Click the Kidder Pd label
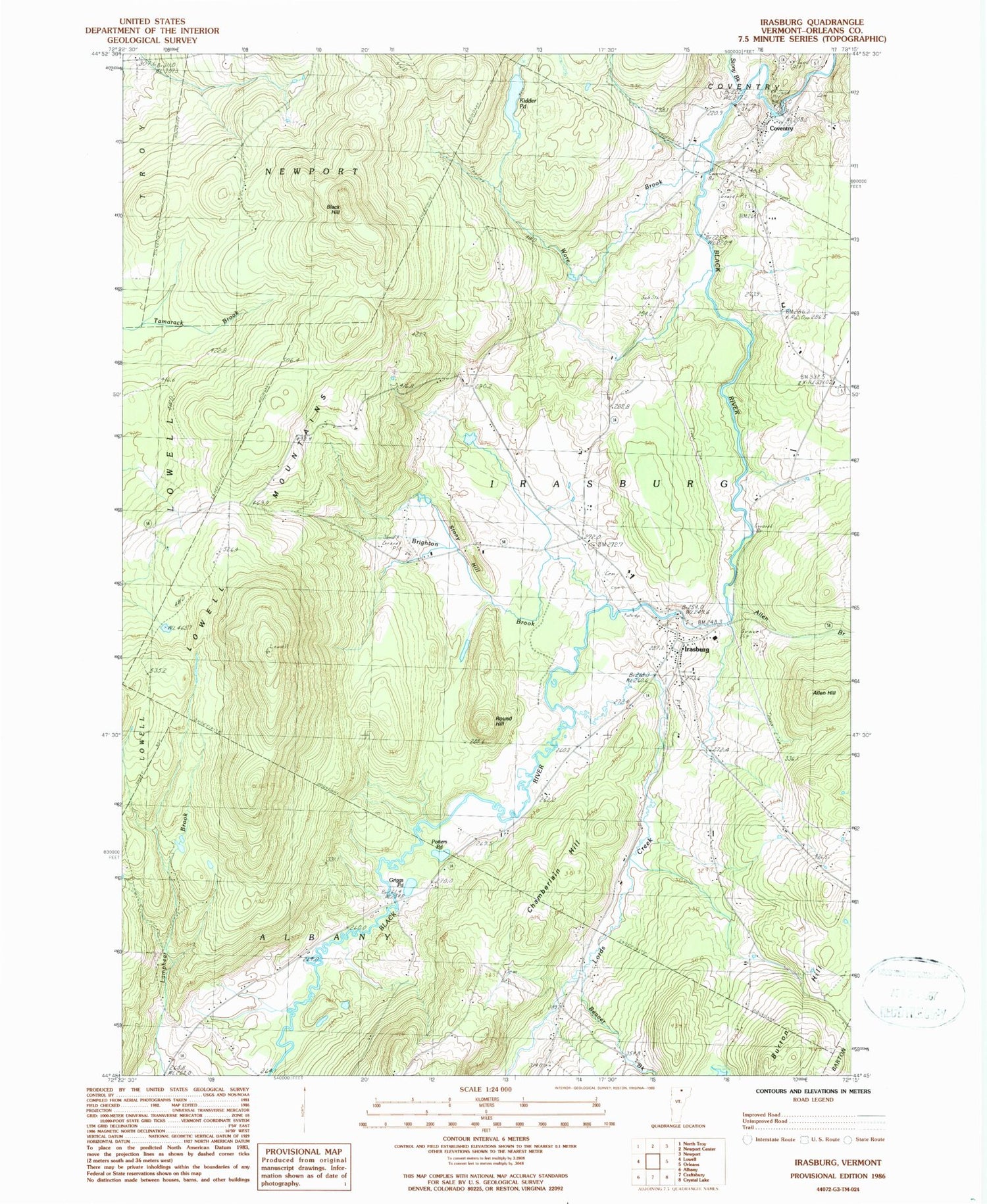click(x=528, y=103)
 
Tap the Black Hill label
click(x=334, y=209)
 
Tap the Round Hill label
click(x=504, y=721)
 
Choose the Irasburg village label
click(x=697, y=649)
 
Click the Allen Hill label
click(x=824, y=693)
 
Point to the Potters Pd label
click(x=439, y=844)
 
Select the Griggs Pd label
click(x=396, y=882)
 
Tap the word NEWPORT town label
click(x=313, y=172)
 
